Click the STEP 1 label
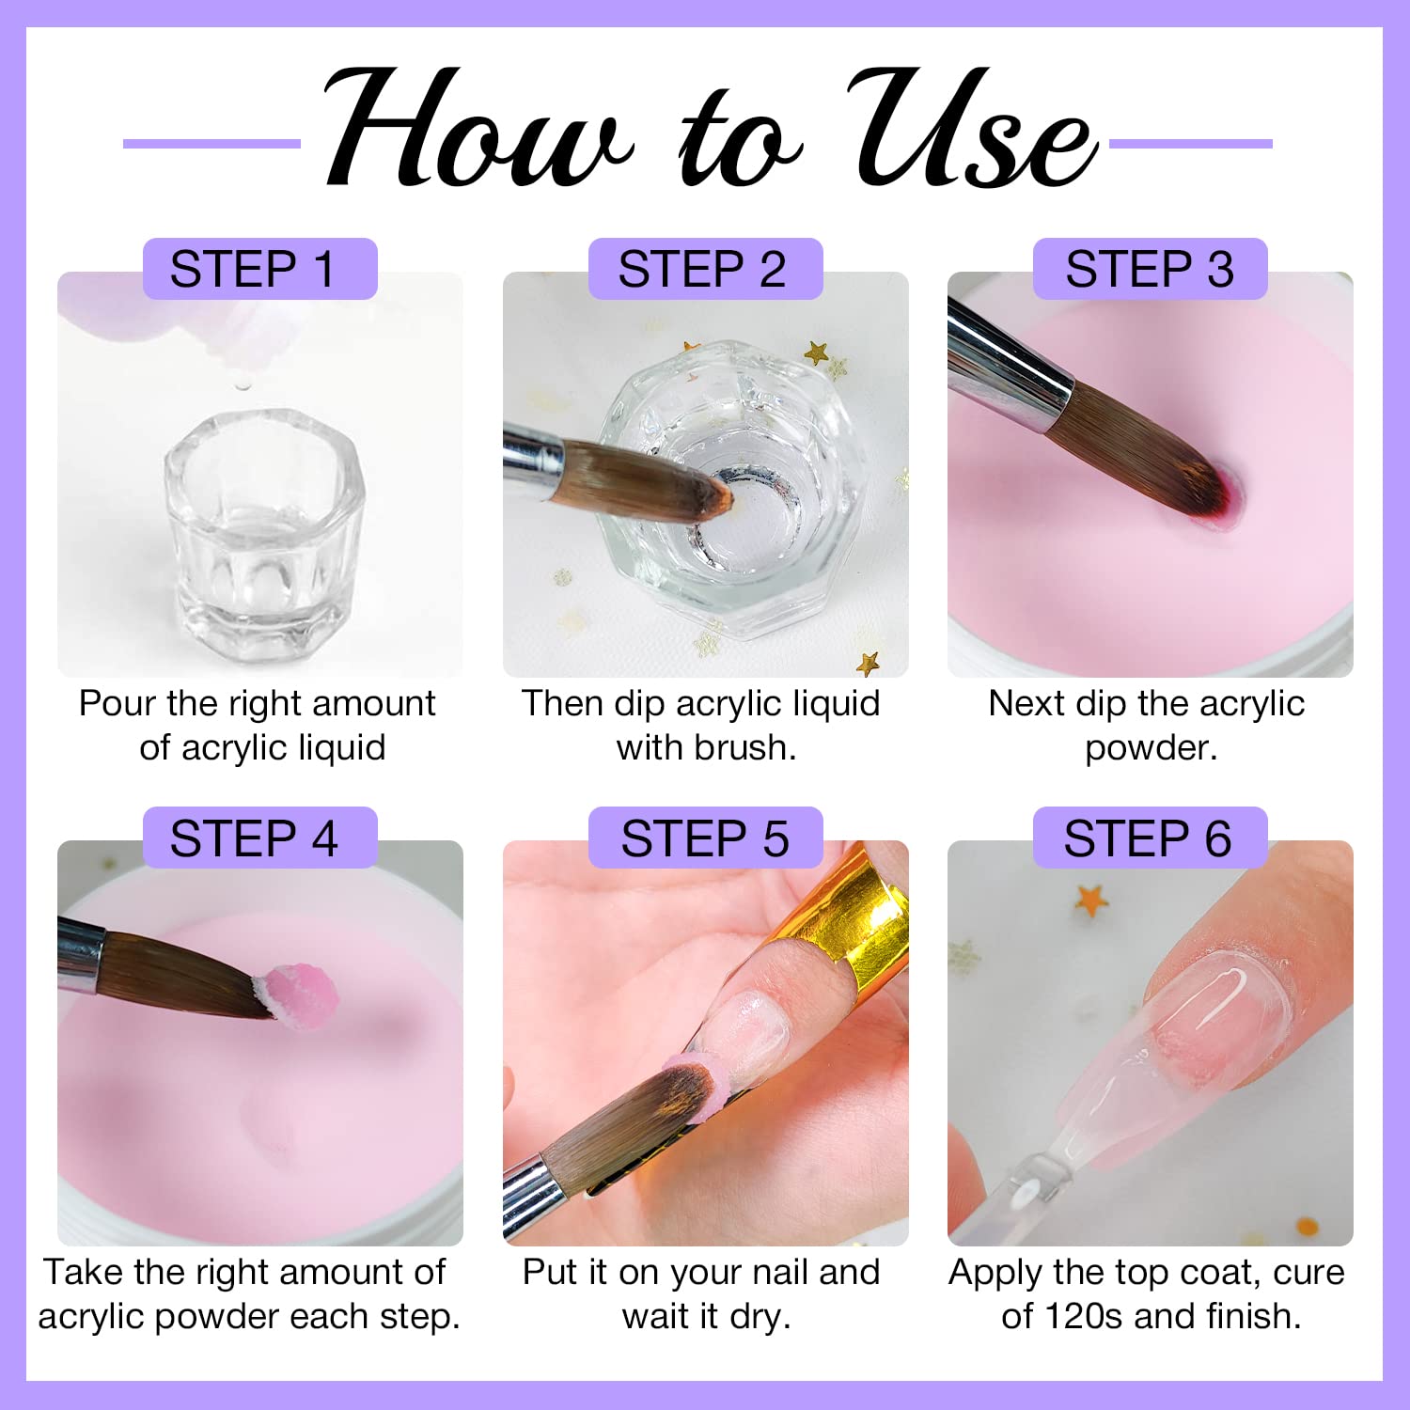259,269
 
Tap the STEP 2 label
705,269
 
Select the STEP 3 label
1150,269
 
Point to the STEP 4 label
259,838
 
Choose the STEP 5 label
705,838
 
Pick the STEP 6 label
1150,838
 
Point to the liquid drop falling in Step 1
243,384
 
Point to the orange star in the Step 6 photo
1091,899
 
